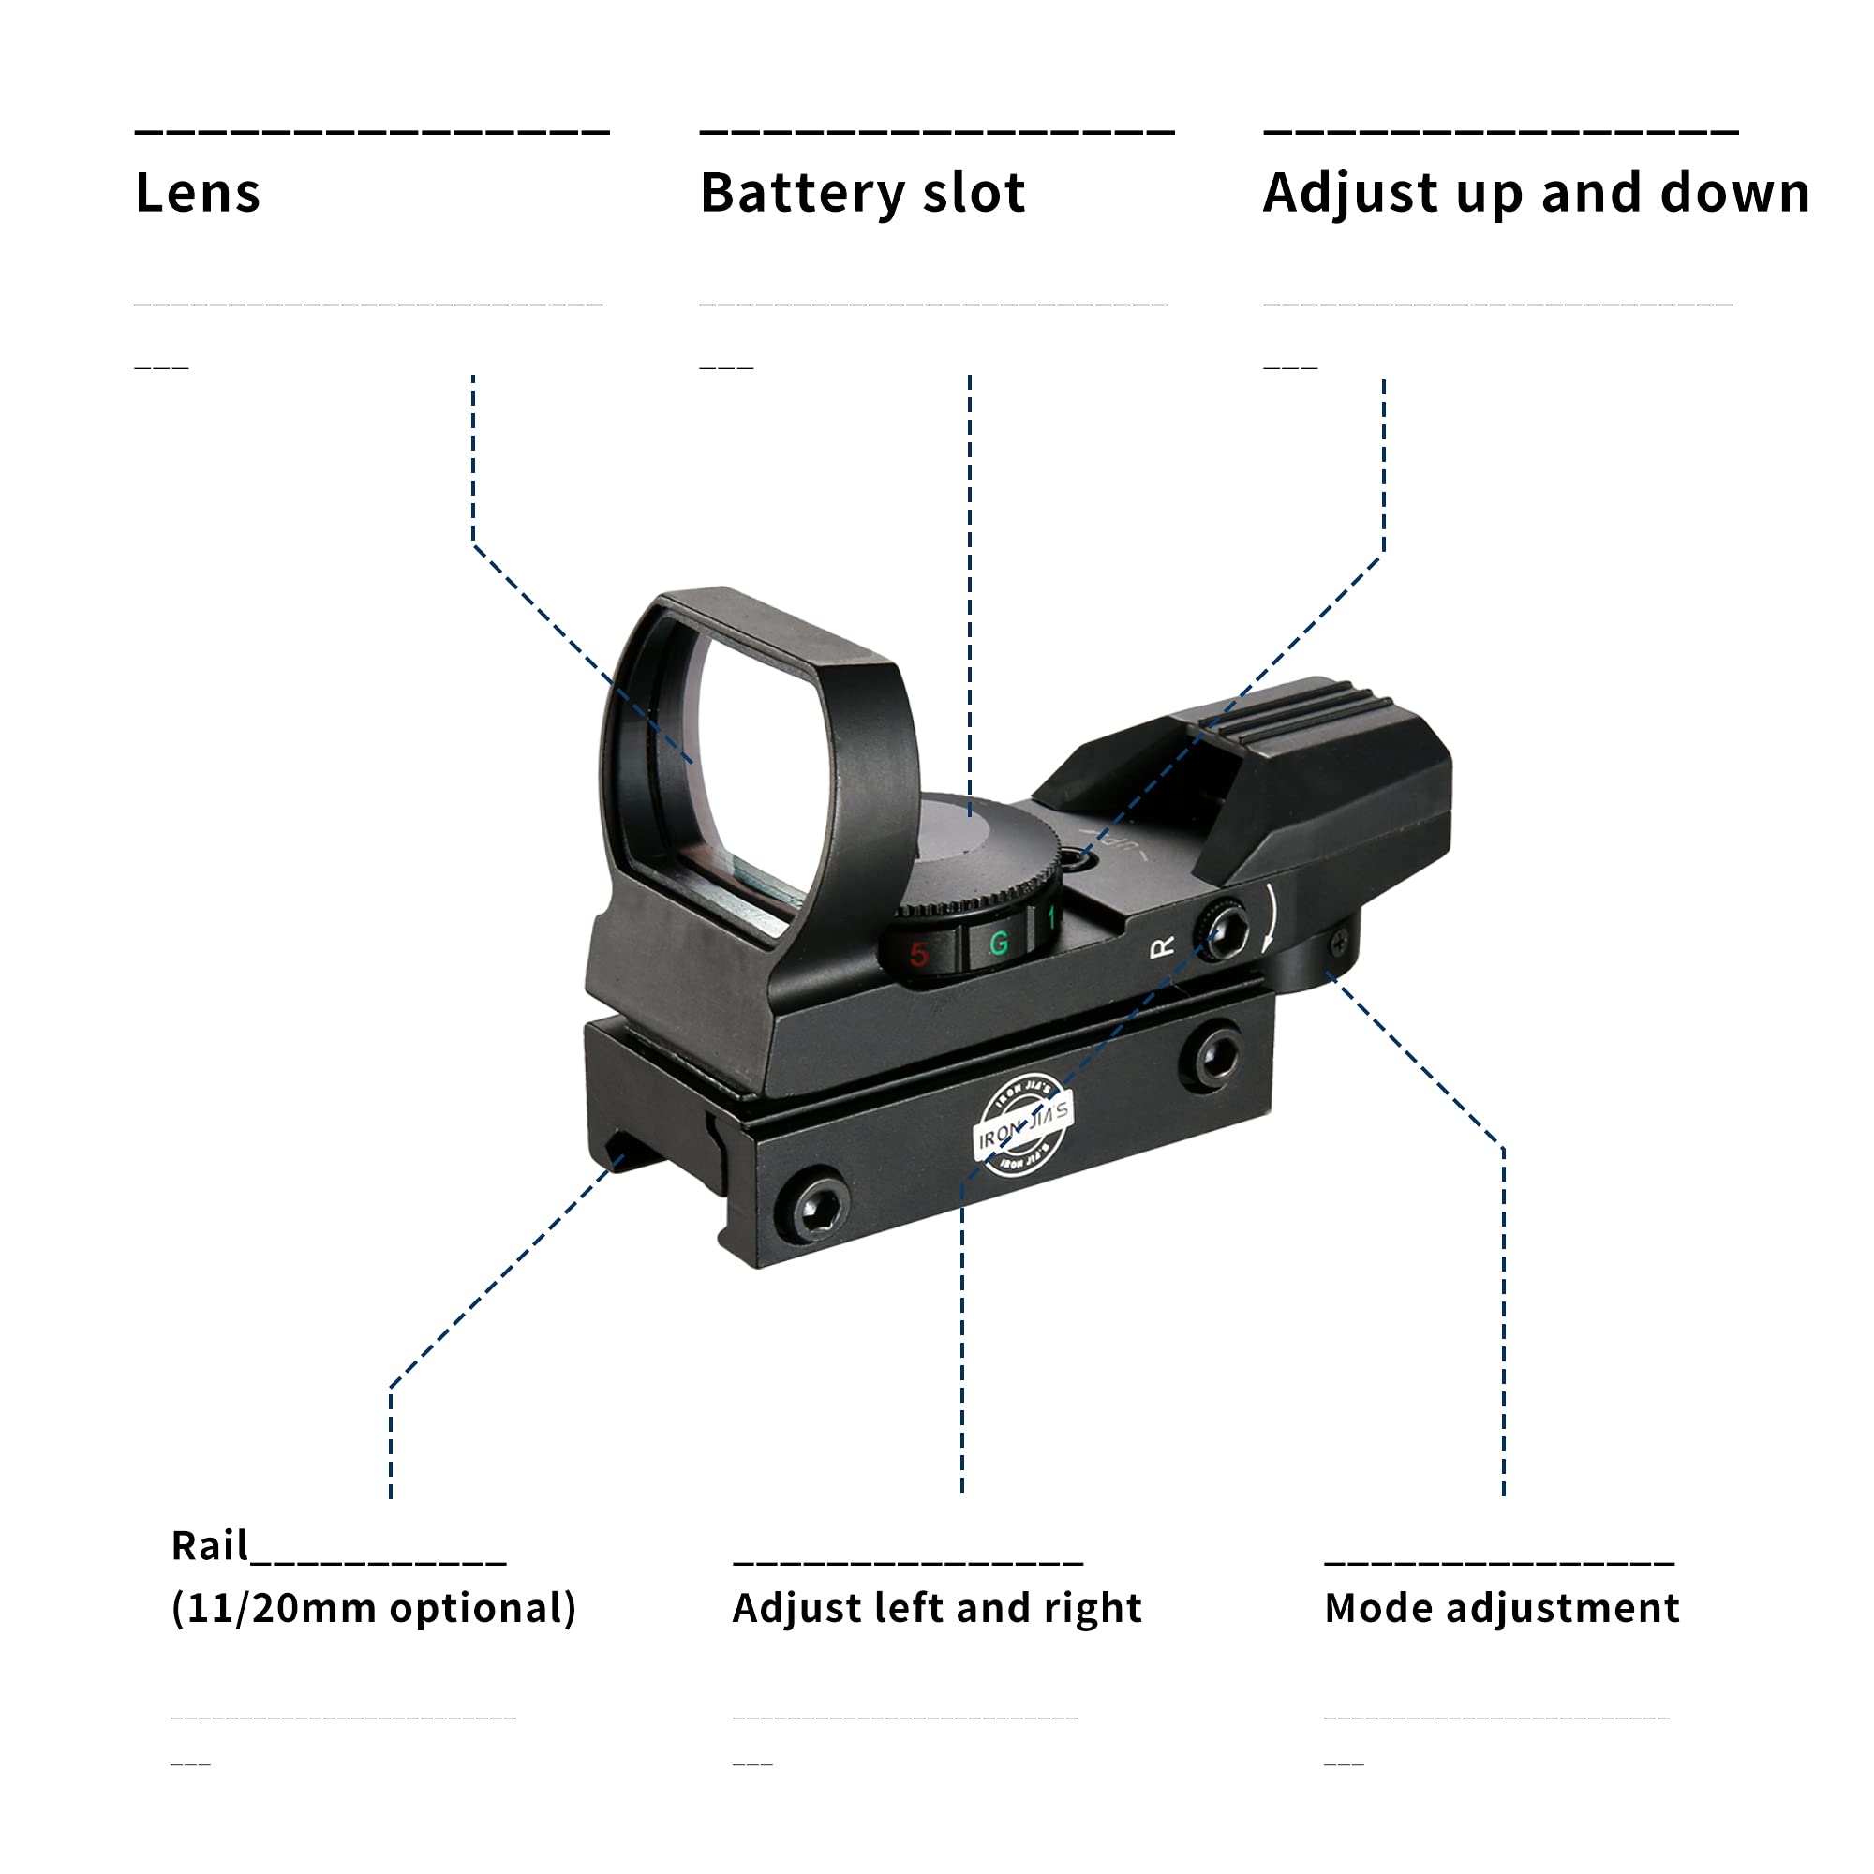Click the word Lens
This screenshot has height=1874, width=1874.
click(x=198, y=192)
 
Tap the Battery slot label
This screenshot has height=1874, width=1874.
click(x=862, y=192)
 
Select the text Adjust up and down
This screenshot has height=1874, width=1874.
click(x=1537, y=192)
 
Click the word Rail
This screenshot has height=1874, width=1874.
click(x=210, y=1545)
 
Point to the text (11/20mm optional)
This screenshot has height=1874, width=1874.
click(x=374, y=1608)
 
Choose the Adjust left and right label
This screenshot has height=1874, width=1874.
click(x=937, y=1607)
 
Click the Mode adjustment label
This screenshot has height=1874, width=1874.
click(x=1501, y=1607)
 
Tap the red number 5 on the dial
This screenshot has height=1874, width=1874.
click(x=918, y=955)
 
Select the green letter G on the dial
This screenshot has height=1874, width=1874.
click(x=998, y=943)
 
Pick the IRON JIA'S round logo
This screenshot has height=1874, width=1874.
click(x=1022, y=1125)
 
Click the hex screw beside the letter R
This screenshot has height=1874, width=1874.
click(x=1221, y=931)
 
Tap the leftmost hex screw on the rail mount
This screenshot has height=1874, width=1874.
click(x=811, y=1204)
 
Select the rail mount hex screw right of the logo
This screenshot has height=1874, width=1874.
click(x=1213, y=1055)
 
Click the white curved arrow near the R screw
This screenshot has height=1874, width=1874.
click(x=1272, y=916)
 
